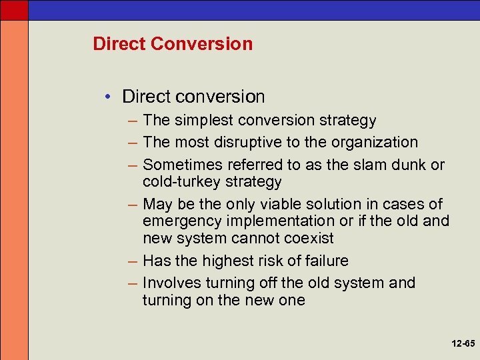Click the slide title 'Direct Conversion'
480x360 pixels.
coord(173,44)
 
